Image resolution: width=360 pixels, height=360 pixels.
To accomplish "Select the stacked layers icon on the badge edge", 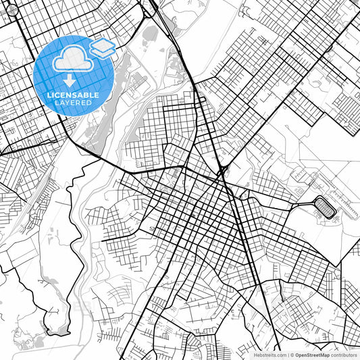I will tap(102, 47).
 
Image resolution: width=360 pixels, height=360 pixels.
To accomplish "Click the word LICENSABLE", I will tap(73, 95).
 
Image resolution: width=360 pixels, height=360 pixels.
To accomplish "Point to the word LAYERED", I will tap(73, 103).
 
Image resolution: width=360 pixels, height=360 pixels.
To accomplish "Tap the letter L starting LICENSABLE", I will tap(49, 95).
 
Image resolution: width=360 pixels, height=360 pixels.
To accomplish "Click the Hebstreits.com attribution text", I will tap(269, 354).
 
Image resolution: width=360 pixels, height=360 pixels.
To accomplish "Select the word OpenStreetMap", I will tap(312, 354).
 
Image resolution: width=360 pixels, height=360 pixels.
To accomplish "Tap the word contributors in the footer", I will tap(344, 354).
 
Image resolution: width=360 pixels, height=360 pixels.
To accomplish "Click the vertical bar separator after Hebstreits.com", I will tap(287, 354).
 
